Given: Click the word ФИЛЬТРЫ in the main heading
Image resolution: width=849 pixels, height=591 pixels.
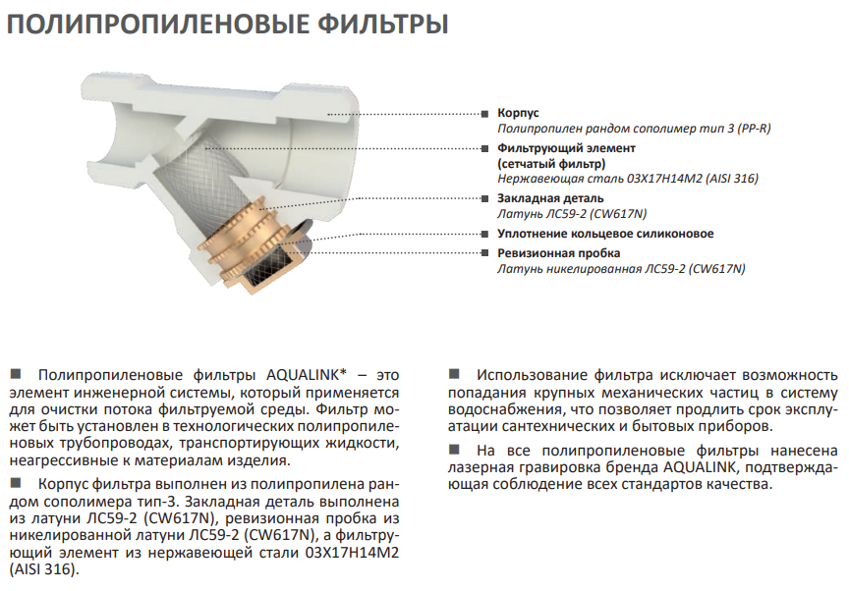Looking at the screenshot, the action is (x=382, y=25).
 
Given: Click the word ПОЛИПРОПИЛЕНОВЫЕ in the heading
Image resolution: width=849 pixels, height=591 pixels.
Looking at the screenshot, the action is (x=157, y=25).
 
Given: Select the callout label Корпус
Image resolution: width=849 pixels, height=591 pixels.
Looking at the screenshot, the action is (x=518, y=113).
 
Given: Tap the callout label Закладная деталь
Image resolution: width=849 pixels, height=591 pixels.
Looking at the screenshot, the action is (x=550, y=198).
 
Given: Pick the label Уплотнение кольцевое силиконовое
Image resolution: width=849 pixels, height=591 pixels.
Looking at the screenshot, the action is (x=605, y=234).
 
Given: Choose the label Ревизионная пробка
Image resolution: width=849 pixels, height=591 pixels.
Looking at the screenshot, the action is (x=559, y=253).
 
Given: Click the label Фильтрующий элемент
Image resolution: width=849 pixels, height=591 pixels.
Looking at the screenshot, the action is (x=566, y=147).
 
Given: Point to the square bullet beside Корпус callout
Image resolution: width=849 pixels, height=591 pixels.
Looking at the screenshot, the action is (x=484, y=114).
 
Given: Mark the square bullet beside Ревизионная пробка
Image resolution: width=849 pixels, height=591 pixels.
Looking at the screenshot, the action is (x=484, y=253).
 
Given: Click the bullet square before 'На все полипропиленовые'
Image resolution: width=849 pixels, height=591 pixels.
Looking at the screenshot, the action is (x=454, y=450).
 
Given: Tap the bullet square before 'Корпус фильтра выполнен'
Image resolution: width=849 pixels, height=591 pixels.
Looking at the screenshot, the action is (x=16, y=482).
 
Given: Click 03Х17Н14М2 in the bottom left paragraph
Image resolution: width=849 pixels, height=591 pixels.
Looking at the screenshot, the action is (x=352, y=553).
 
